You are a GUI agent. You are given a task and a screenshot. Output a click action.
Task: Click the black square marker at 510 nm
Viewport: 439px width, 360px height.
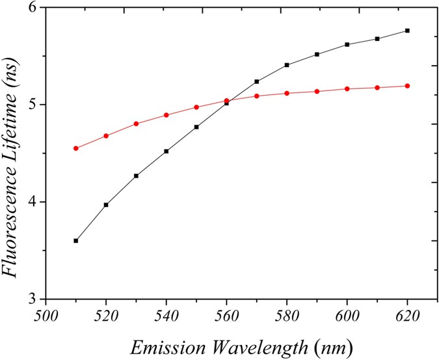point(75,241)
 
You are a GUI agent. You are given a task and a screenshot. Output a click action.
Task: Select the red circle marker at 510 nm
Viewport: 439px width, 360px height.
point(75,148)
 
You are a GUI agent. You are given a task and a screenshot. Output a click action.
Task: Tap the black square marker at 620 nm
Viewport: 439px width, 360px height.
point(407,31)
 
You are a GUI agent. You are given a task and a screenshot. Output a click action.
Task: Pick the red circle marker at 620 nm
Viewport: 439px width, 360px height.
point(407,86)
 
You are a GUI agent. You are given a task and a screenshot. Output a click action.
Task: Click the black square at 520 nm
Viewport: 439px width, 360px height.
point(106,204)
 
